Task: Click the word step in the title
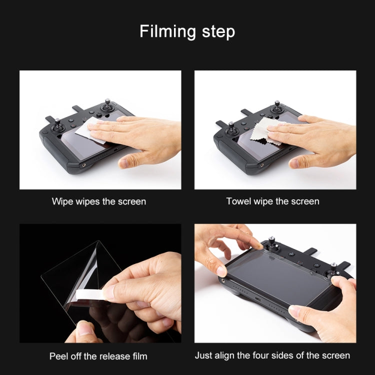(x=218, y=31)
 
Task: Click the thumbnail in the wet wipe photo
(x=123, y=163)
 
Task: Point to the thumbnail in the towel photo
(x=294, y=164)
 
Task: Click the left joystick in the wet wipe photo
(x=57, y=125)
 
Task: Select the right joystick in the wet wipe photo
(x=107, y=105)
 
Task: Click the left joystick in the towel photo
(x=231, y=128)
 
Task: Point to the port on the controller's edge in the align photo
(x=258, y=299)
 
